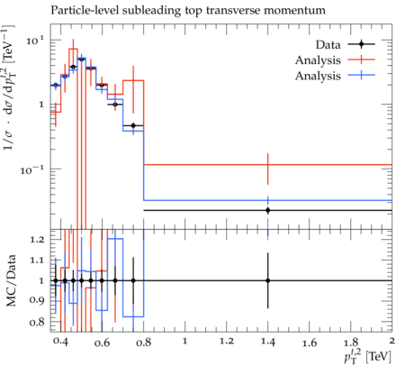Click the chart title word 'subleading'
[151, 11]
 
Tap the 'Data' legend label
[328, 45]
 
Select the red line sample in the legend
[361, 59]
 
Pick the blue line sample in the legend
[361, 76]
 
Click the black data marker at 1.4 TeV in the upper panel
[268, 210]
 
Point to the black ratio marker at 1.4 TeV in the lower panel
[268, 280]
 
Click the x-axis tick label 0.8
[143, 343]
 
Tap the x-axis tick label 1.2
[226, 341]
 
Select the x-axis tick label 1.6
[310, 343]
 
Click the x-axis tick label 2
[391, 341]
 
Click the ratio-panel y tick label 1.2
[37, 240]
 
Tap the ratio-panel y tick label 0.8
[37, 323]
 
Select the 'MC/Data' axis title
[11, 280]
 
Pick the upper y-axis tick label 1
[41, 105]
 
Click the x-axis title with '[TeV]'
[367, 356]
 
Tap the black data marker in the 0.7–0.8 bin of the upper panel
[133, 125]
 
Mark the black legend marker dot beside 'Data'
[361, 44]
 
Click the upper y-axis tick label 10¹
[35, 41]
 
